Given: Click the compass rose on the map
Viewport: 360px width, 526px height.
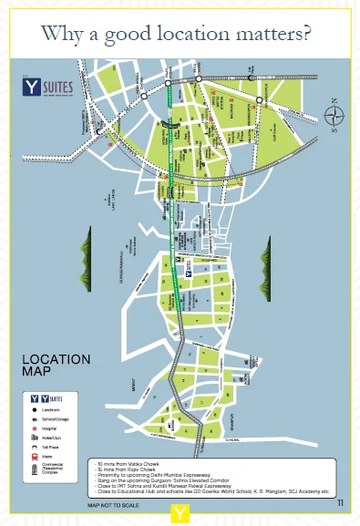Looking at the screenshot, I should [333, 116].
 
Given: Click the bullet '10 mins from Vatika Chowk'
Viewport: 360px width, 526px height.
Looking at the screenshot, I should [128, 463].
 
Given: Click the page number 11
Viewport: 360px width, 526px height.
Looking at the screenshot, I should [340, 502].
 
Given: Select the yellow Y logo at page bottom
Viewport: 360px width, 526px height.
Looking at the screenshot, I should [182, 515].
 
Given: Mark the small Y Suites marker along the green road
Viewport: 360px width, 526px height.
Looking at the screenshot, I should [188, 271].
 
